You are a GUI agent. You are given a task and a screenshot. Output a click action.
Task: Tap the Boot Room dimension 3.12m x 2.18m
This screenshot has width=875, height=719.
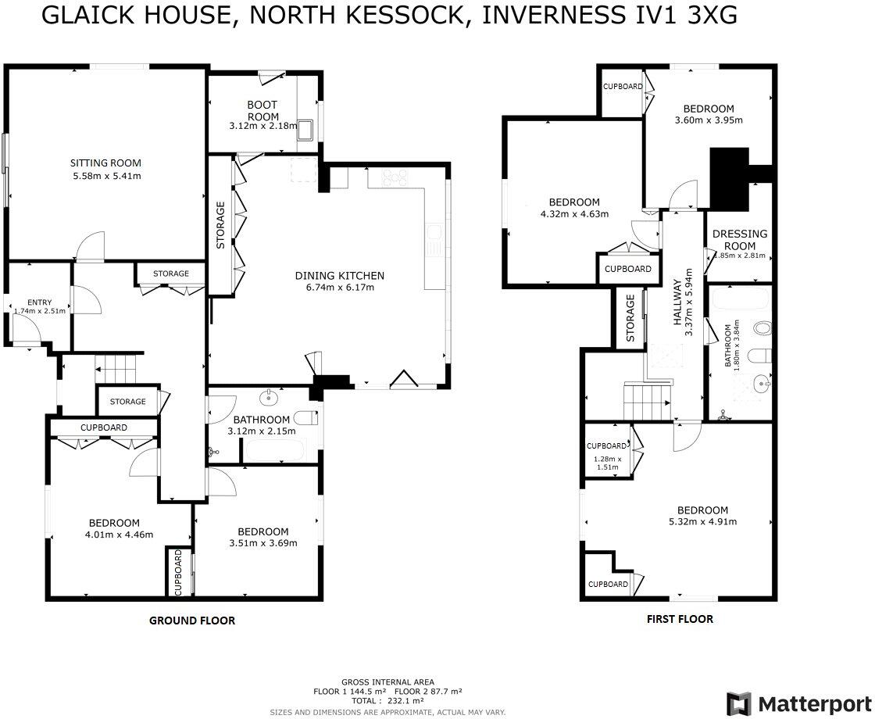click(263, 126)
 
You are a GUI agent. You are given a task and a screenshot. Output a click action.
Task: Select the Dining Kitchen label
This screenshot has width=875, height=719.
click(339, 275)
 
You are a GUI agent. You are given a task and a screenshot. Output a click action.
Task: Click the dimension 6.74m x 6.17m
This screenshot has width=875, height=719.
click(339, 287)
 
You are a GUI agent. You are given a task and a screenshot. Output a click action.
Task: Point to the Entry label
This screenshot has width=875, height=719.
click(39, 302)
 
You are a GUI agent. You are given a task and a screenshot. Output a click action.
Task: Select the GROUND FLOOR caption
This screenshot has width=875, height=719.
click(192, 621)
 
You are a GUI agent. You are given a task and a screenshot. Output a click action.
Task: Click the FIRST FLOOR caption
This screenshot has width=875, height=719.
click(679, 619)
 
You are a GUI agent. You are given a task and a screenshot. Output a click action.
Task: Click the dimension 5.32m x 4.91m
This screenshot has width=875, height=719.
click(702, 522)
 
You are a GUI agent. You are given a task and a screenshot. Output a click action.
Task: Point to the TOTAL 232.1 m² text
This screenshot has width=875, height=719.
click(387, 701)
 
